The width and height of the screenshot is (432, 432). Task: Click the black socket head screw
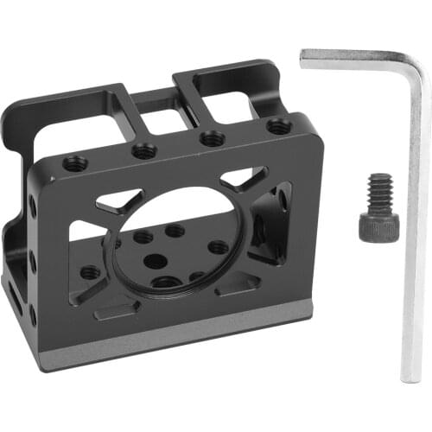pyautogui.click(x=378, y=210)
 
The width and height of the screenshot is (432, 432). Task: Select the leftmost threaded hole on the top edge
pyautogui.click(x=76, y=162)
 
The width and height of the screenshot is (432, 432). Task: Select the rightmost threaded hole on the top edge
pyautogui.click(x=278, y=127)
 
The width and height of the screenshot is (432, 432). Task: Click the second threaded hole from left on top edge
pyautogui.click(x=144, y=151)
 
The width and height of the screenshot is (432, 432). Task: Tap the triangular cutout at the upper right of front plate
pyautogui.click(x=243, y=180)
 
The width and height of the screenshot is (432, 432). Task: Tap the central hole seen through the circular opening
pyautogui.click(x=153, y=260)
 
